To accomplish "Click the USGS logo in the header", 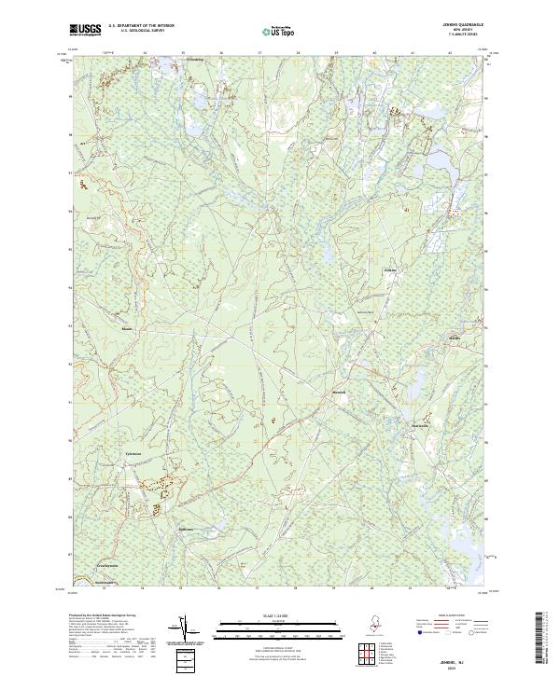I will [x=86, y=30].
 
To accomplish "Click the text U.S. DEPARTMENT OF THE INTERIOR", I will [x=140, y=25].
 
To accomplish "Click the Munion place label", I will [x=127, y=328].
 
